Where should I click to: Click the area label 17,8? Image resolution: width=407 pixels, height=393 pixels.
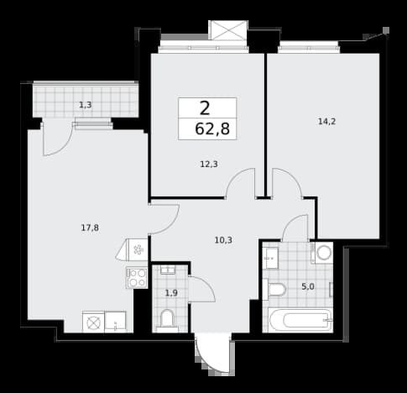point(90,228)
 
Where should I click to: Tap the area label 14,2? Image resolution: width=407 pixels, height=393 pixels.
point(326,122)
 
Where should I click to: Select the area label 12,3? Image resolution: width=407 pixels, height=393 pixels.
point(209,165)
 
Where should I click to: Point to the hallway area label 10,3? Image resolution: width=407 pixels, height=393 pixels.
point(223,240)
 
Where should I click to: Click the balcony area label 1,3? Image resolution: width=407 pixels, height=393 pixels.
point(86,105)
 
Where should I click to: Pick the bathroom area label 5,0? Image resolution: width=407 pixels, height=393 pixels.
point(308,286)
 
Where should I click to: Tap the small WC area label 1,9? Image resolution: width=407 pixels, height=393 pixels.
point(171,293)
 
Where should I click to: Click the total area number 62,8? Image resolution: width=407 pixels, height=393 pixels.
point(212,129)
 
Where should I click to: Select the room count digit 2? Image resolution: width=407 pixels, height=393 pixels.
point(205,108)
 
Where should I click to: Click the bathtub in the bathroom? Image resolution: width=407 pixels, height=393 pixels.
point(300,320)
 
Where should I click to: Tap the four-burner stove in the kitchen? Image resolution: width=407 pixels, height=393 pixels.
point(137,278)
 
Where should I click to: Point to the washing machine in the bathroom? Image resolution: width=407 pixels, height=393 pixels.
point(324,253)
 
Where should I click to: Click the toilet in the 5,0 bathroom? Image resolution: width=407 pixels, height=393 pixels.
point(274,290)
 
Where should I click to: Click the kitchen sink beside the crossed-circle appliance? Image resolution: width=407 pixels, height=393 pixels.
point(115,322)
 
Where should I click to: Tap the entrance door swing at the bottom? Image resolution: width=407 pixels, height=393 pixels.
point(212,355)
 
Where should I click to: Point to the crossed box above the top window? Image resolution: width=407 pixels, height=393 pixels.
point(228,30)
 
